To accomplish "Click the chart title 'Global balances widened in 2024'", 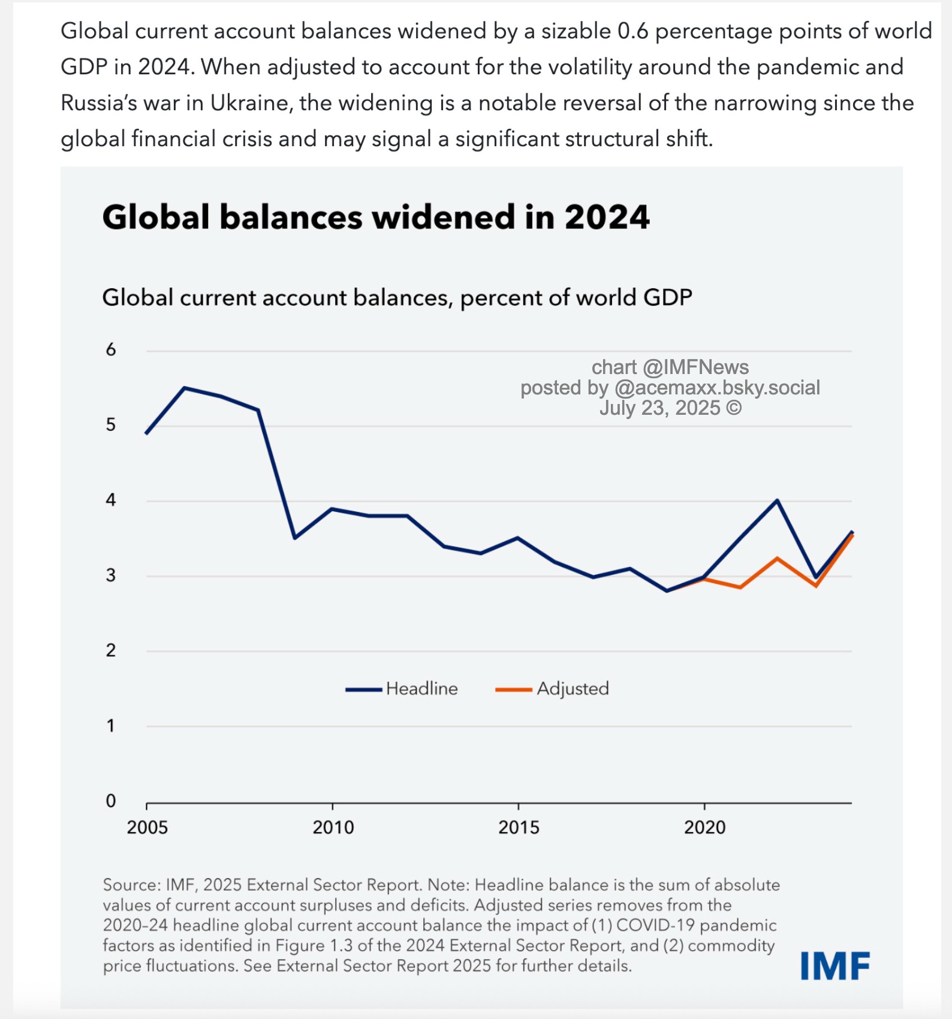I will click(x=376, y=217).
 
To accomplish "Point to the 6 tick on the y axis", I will click(x=111, y=349).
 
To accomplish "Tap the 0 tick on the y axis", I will click(x=111, y=801).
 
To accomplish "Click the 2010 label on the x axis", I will click(x=333, y=827).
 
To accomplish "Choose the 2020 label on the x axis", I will click(x=705, y=827).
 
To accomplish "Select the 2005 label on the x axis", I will click(x=147, y=827).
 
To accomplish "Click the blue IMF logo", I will click(x=835, y=966).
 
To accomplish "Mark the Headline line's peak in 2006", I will click(x=185, y=388).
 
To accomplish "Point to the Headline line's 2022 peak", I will click(x=778, y=500).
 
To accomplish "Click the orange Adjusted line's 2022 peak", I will click(x=778, y=558).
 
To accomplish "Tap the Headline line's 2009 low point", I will click(x=295, y=538).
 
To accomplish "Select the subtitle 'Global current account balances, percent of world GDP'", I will click(x=397, y=297).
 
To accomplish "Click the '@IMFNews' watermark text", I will click(x=695, y=367).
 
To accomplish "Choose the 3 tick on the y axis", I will click(x=111, y=575).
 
